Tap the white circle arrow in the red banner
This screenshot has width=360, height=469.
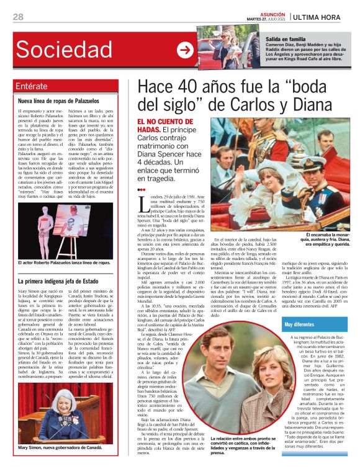pos(184,50)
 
